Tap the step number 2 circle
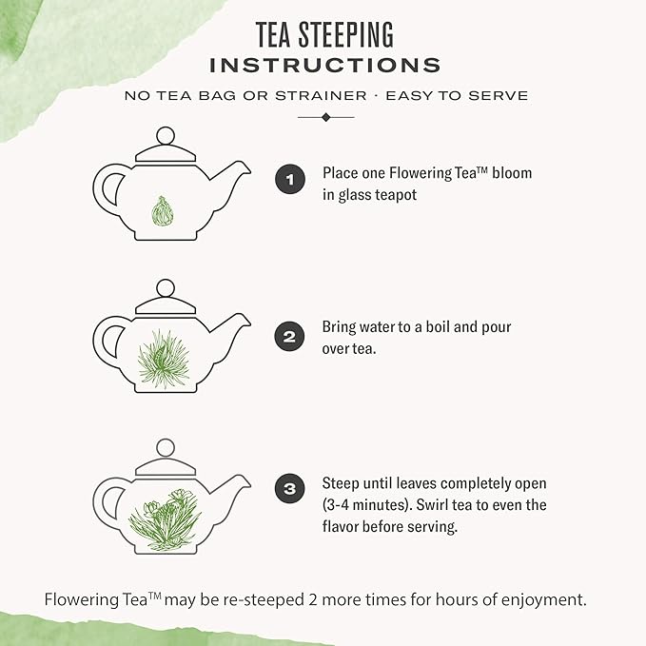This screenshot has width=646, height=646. click(x=290, y=336)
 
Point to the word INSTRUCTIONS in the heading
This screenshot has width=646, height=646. click(x=324, y=65)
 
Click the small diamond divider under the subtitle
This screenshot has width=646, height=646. click(x=325, y=117)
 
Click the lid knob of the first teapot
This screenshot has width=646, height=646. click(x=166, y=135)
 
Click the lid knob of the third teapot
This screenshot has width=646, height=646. click(x=166, y=447)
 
